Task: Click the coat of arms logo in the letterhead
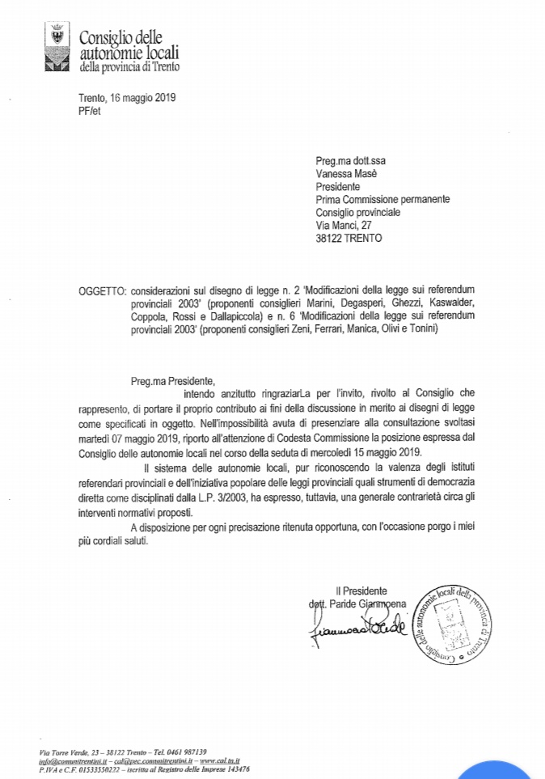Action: pos(56,49)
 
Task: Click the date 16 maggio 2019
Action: pos(142,98)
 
